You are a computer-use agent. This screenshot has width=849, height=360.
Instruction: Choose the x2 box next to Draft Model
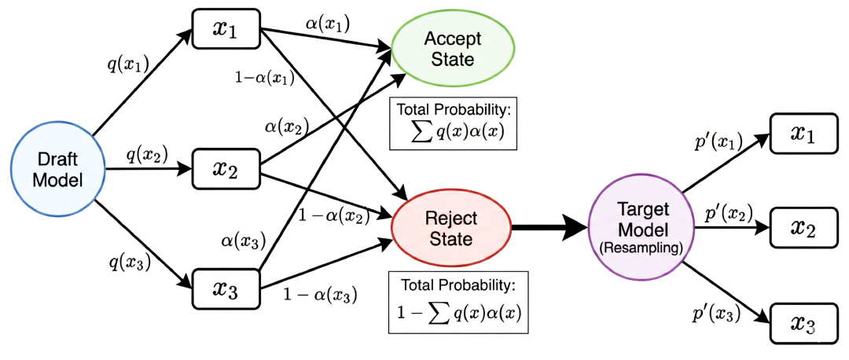226,168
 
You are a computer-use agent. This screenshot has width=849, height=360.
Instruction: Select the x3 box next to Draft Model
226,288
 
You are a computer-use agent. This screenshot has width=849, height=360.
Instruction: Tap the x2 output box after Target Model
803,227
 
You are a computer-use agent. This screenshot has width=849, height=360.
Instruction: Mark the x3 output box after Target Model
803,323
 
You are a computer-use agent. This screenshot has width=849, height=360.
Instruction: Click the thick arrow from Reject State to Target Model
550,226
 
